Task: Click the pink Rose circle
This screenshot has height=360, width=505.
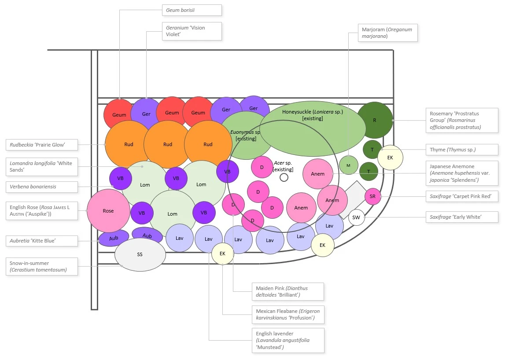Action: tap(108, 211)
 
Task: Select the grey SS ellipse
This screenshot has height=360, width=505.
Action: tap(140, 254)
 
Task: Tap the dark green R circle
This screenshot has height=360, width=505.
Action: tap(375, 120)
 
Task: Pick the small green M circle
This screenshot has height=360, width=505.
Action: tap(348, 165)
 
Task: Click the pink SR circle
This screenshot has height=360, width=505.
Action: tap(372, 196)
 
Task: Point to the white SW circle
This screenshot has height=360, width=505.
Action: tap(356, 217)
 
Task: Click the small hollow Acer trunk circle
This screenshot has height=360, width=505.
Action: tap(284, 177)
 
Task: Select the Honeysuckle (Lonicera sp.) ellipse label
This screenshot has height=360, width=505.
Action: tap(313, 115)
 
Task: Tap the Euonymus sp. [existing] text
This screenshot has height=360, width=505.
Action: tap(246, 135)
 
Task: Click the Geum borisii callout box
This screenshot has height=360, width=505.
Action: tap(192, 10)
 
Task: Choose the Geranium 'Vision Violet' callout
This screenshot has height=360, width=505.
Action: tap(192, 31)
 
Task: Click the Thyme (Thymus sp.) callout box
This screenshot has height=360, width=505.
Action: tap(462, 150)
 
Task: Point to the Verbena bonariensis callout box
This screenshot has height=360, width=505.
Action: tap(42, 187)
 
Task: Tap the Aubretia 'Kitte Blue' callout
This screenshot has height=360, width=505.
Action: tap(42, 241)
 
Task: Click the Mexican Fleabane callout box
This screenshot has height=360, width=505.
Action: tap(288, 314)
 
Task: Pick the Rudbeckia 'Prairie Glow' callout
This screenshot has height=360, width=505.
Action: tap(42, 144)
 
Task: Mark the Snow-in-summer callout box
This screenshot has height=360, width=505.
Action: tap(42, 266)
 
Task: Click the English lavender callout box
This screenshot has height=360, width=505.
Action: tap(288, 340)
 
